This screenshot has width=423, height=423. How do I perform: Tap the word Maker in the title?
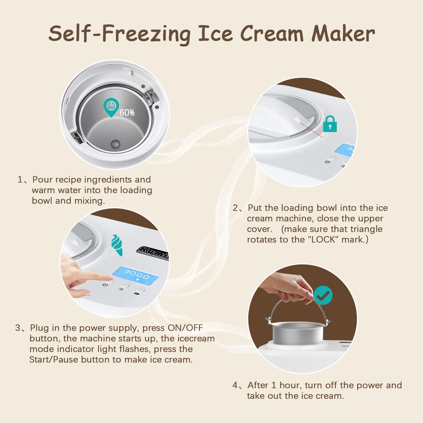[x=343, y=34]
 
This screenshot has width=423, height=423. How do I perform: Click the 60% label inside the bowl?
[x=127, y=113]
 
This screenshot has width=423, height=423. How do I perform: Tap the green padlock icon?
[x=330, y=124]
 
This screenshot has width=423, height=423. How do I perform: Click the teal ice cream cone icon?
[x=117, y=245]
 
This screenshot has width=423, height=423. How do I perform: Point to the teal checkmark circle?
[x=323, y=295]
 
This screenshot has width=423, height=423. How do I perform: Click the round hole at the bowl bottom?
[x=115, y=144]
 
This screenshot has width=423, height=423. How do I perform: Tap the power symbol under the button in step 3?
[x=105, y=285]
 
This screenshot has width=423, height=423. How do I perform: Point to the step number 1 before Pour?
[x=20, y=180]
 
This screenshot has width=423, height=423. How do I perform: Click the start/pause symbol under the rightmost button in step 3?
[x=137, y=293]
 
